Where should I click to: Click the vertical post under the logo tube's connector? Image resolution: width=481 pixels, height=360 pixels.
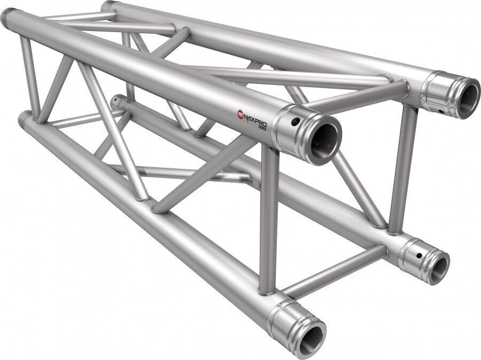[x=268, y=219]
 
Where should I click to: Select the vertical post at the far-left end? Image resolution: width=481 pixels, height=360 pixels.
[x=28, y=75]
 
